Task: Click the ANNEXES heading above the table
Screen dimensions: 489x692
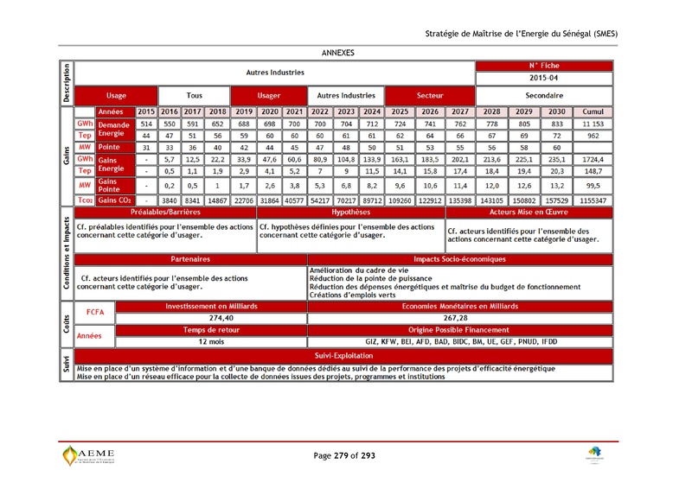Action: [x=337, y=52]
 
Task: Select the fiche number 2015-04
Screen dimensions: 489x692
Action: [x=544, y=78]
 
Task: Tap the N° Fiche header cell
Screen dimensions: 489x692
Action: [x=544, y=67]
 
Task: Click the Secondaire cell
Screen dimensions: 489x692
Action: [x=544, y=95]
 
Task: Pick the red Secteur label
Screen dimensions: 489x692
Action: [x=430, y=95]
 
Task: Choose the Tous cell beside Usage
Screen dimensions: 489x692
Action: [x=195, y=95]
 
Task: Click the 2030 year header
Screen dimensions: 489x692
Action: [x=556, y=112]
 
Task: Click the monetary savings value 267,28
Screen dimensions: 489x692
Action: [x=460, y=317]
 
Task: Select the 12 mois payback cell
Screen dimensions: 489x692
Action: [x=211, y=341]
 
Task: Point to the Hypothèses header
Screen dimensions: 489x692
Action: [x=350, y=212]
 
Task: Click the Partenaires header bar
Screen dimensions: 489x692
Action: [x=190, y=258]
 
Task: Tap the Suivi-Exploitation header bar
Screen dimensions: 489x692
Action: [x=343, y=355]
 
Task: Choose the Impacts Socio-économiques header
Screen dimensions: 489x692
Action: [x=460, y=258]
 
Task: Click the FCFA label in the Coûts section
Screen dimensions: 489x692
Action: [x=94, y=312]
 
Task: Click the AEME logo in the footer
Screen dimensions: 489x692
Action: [x=89, y=455]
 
